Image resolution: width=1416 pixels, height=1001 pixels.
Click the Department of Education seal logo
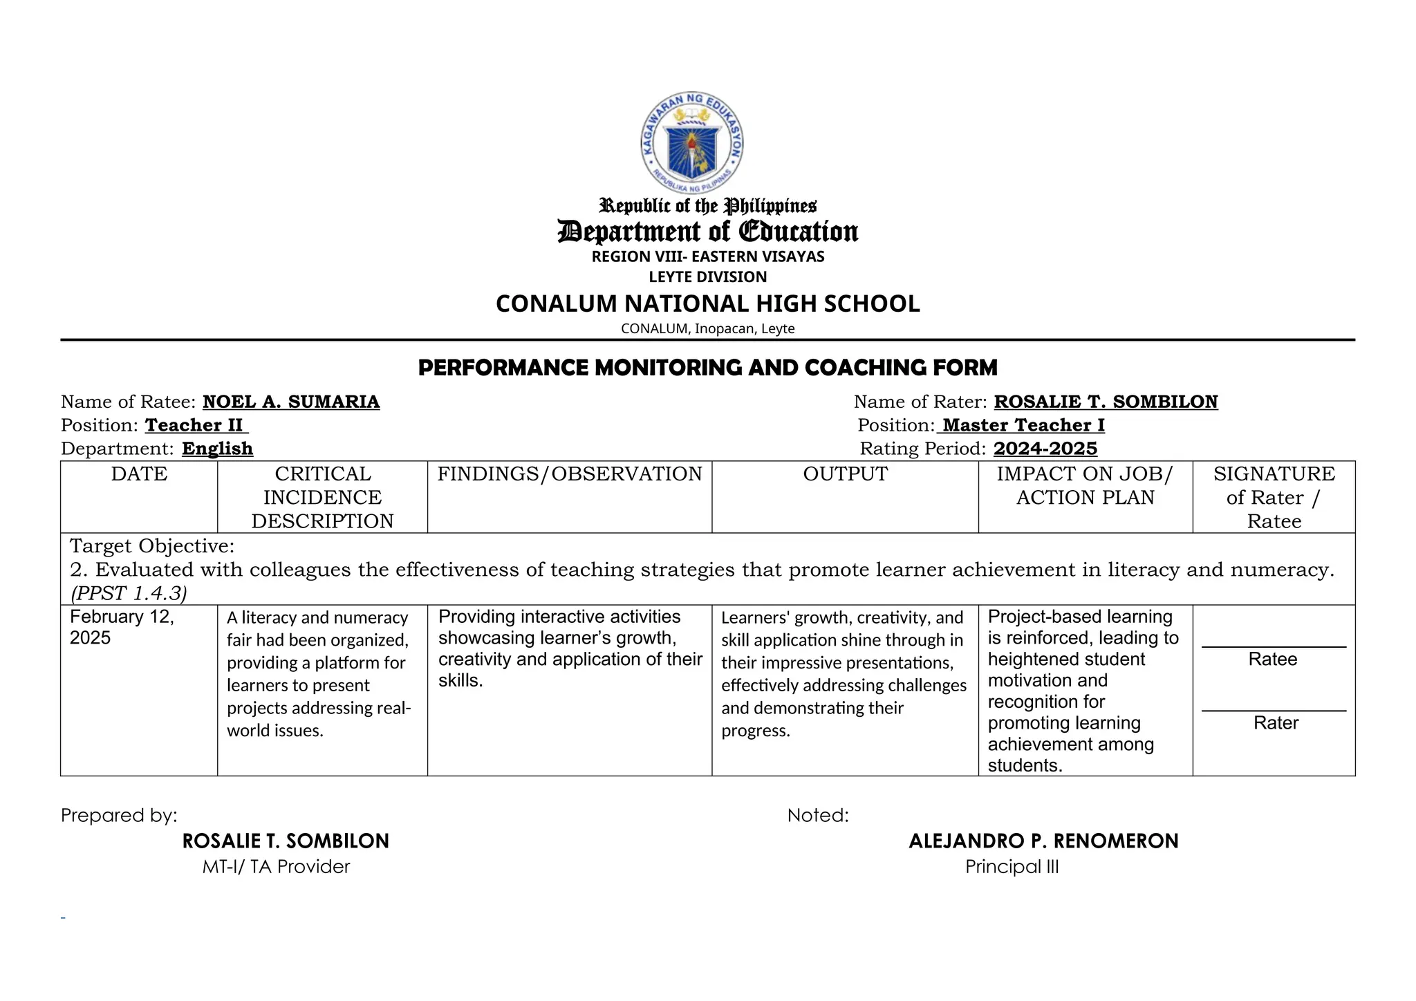tap(692, 143)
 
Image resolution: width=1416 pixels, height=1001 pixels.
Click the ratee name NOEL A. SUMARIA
tap(290, 402)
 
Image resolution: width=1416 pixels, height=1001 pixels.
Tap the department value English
tap(217, 449)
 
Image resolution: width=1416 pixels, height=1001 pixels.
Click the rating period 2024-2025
tap(1045, 449)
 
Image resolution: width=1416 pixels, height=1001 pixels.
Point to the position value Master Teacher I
tap(1023, 425)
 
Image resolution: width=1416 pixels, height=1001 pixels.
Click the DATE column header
tap(139, 474)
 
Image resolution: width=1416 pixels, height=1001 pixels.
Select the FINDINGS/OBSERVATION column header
tap(569, 474)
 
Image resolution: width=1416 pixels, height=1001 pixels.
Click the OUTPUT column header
tap(845, 474)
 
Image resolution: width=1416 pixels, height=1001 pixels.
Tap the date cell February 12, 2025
tap(122, 627)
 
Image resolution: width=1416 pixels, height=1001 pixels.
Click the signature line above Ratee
tap(1274, 647)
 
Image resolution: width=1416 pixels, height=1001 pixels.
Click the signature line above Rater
tap(1274, 711)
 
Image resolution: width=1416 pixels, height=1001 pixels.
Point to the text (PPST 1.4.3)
tap(129, 593)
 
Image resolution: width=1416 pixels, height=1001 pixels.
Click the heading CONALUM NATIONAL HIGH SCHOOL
tap(707, 304)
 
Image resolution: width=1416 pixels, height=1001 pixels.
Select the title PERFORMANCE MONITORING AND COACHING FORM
tap(707, 368)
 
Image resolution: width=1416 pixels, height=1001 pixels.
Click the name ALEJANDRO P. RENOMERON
tap(1043, 841)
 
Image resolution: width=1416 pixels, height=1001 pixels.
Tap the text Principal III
tap(1012, 867)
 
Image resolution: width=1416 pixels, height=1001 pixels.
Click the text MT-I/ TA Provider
tap(276, 867)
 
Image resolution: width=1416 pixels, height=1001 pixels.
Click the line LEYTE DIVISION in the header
tap(707, 277)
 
